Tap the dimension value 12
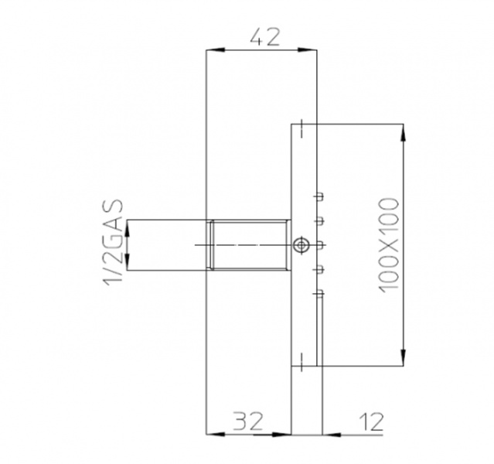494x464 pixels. (372, 421)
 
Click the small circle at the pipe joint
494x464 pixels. (301, 244)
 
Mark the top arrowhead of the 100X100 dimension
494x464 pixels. (403, 131)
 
